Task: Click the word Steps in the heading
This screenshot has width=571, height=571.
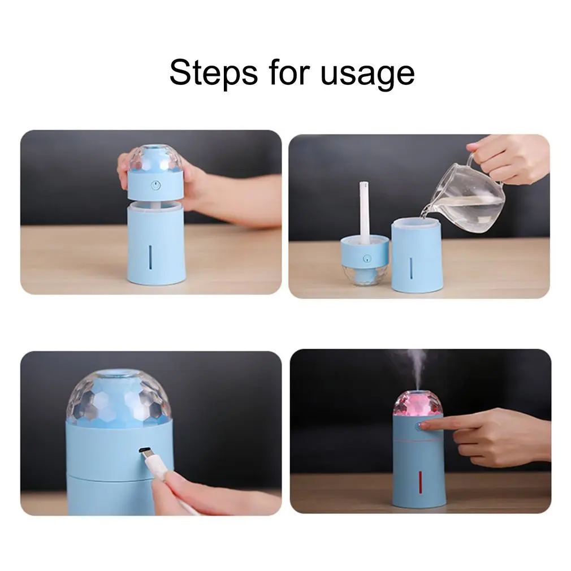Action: [213, 72]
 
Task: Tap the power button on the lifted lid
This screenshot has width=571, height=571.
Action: [156, 186]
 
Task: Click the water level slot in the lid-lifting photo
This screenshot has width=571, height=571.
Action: [150, 257]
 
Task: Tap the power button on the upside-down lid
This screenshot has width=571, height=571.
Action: [366, 259]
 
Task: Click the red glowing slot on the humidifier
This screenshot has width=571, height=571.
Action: [420, 482]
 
